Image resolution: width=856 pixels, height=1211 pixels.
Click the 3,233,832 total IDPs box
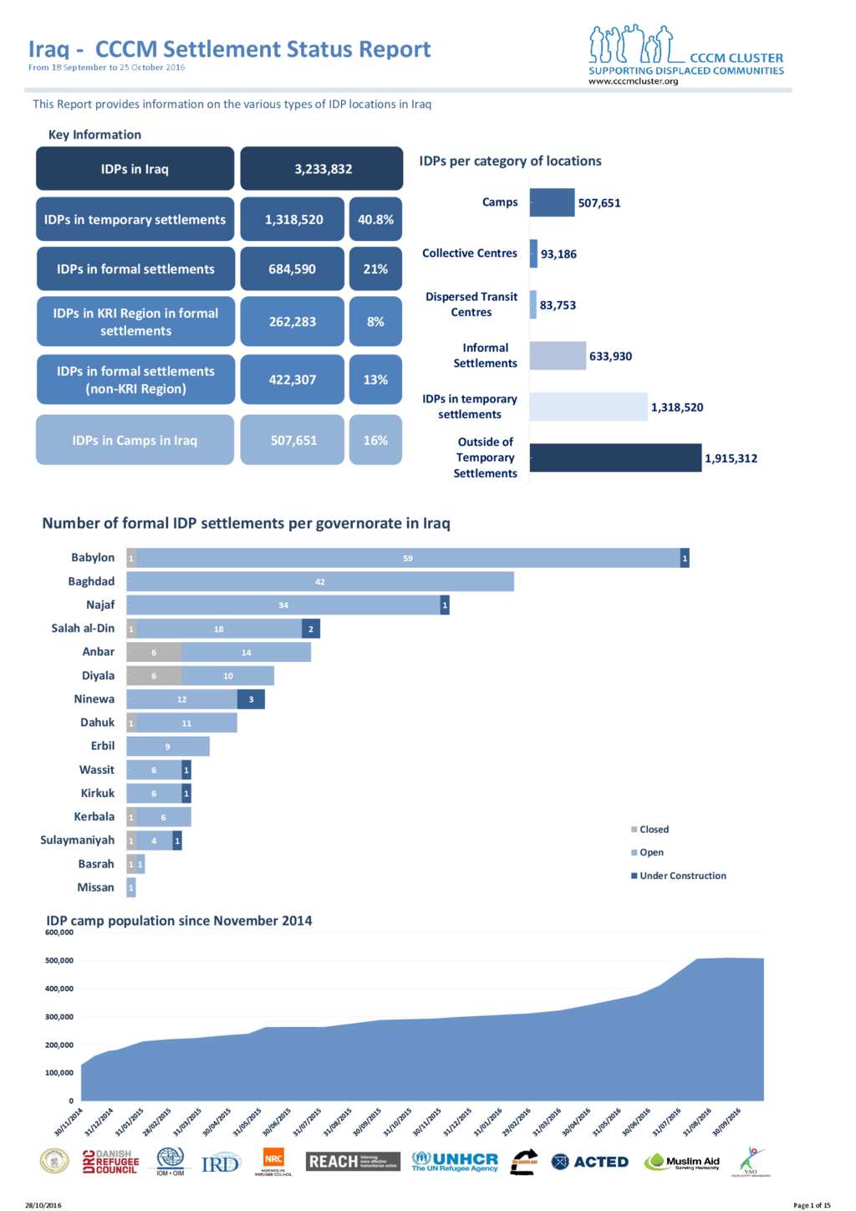(322, 169)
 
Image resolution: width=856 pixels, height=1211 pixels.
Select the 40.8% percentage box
(375, 219)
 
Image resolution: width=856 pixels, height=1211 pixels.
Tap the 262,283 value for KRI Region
(292, 321)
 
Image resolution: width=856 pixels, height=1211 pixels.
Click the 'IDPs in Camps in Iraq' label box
(135, 440)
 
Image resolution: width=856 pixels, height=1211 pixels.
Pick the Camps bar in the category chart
(552, 202)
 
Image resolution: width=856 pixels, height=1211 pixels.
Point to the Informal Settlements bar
(558, 355)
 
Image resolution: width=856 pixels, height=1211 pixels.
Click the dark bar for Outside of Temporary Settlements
(615, 457)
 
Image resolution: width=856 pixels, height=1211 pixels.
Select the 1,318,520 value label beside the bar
(677, 407)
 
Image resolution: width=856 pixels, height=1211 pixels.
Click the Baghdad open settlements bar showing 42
(320, 581)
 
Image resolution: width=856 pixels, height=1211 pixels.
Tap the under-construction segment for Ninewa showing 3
(251, 699)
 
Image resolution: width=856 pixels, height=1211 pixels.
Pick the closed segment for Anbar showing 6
(154, 652)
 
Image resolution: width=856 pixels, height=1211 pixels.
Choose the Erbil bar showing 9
(167, 746)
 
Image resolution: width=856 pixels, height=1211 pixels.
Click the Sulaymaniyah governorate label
(78, 840)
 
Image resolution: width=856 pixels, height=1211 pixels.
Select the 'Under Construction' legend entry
(682, 876)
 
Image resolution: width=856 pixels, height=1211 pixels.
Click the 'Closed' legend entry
(654, 830)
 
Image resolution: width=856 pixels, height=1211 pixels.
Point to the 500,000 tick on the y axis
(59, 960)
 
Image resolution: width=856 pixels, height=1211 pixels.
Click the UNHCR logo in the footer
(456, 1162)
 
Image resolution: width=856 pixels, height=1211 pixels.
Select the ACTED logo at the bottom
(590, 1162)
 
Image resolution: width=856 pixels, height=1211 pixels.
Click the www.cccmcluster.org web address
(633, 81)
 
